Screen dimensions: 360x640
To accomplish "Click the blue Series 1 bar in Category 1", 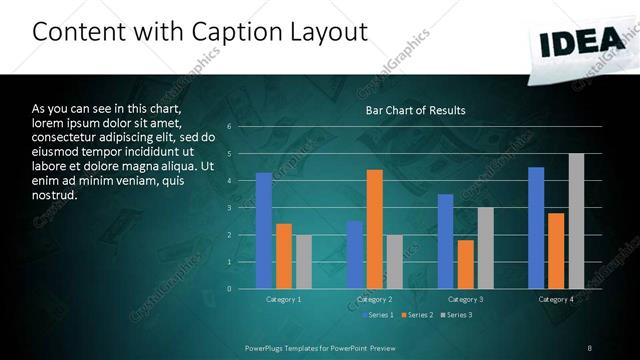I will (263, 231).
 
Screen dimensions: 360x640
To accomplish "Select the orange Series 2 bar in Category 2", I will (375, 229).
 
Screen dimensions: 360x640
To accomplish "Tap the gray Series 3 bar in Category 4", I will (576, 221).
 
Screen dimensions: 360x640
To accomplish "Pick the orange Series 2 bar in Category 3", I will (466, 264).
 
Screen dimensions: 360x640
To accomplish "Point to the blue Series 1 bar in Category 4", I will (536, 228).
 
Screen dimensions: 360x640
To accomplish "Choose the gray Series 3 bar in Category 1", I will (303, 262).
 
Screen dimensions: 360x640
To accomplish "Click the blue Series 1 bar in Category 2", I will (355, 255).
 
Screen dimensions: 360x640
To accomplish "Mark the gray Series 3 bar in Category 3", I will (486, 248).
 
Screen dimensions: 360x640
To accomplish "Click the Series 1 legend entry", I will (378, 315).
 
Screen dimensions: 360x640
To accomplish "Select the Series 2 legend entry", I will (418, 315).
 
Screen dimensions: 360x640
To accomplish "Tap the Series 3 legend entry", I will (457, 315).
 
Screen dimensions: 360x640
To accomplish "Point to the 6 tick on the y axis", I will (230, 127).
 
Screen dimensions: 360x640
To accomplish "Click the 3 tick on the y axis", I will (230, 208).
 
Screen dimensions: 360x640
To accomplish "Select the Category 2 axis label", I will (375, 299).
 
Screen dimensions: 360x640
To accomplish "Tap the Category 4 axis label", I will (556, 299).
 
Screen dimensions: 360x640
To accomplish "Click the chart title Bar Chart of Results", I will (415, 110).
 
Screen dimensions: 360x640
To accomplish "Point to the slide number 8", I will (589, 347).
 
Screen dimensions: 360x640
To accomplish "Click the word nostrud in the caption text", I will (54, 195).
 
